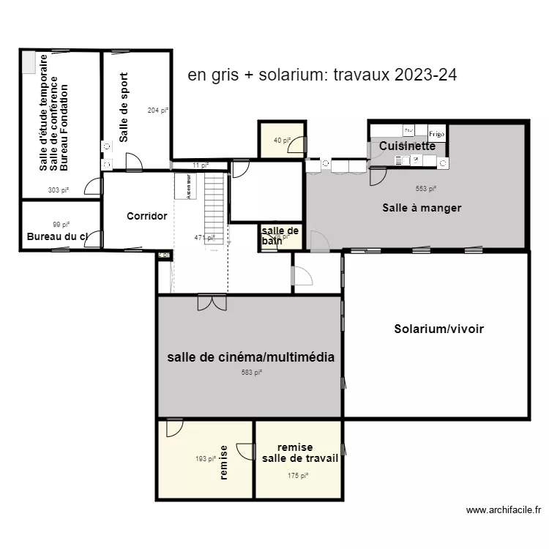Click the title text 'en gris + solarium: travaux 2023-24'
[322, 75]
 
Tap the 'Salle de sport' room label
[124, 107]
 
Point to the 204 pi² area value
[158, 111]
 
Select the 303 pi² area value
[59, 190]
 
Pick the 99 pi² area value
[61, 225]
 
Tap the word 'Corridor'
[146, 216]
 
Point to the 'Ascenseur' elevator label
[188, 187]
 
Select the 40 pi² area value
[282, 140]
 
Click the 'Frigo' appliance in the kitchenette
[436, 133]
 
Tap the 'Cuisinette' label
[407, 146]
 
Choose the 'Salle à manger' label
[422, 208]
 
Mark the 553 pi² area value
[425, 188]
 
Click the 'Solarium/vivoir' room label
[438, 329]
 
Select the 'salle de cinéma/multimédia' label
[251, 357]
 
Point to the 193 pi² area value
[206, 459]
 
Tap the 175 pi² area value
[297, 475]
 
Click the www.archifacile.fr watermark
[503, 510]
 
